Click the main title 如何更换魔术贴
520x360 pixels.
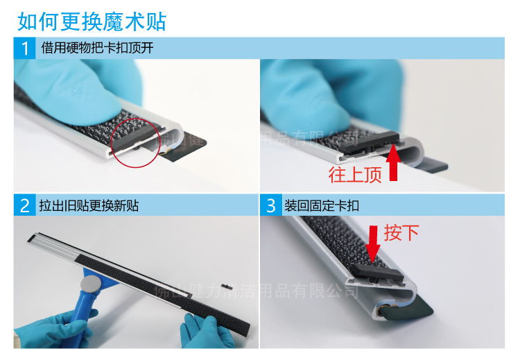point(92,21)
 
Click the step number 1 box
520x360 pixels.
point(24,49)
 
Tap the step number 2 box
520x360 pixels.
point(24,205)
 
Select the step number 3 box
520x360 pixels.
point(271,205)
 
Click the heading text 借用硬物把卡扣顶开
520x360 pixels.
point(97,49)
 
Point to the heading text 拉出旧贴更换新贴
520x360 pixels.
point(90,205)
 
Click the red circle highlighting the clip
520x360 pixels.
point(136,139)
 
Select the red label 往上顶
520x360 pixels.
point(355,175)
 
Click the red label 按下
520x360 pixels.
point(401,232)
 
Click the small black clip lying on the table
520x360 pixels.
point(225,284)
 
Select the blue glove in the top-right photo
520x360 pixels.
point(333,90)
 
